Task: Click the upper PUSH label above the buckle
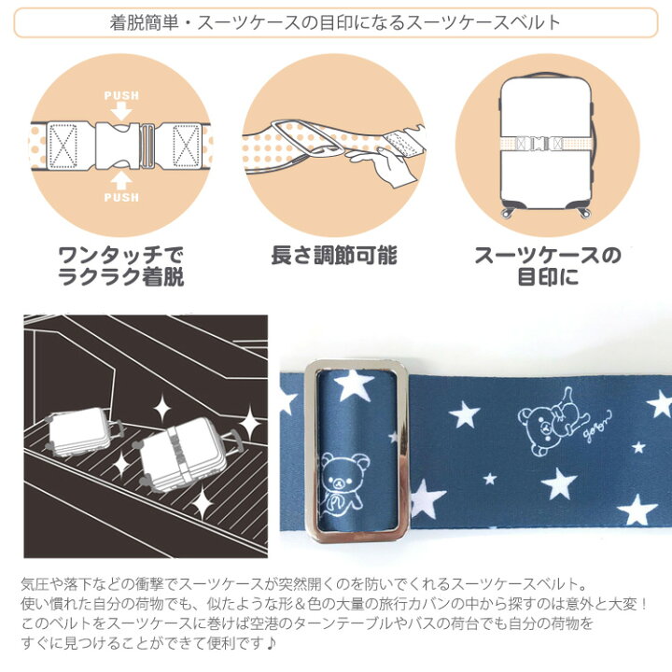pyautogui.click(x=121, y=95)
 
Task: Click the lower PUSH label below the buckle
pyautogui.click(x=121, y=198)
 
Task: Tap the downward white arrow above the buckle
pyautogui.click(x=121, y=112)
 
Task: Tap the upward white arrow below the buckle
pyautogui.click(x=121, y=181)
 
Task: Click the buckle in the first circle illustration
pyautogui.click(x=124, y=147)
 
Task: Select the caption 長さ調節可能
pyautogui.click(x=334, y=256)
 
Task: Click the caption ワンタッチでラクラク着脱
pyautogui.click(x=121, y=266)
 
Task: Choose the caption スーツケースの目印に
pyautogui.click(x=548, y=266)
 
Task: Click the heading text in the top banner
pyautogui.click(x=336, y=22)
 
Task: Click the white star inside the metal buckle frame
pyautogui.click(x=353, y=384)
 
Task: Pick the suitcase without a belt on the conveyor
pyautogui.click(x=81, y=430)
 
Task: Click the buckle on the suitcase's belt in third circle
pyautogui.click(x=539, y=143)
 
